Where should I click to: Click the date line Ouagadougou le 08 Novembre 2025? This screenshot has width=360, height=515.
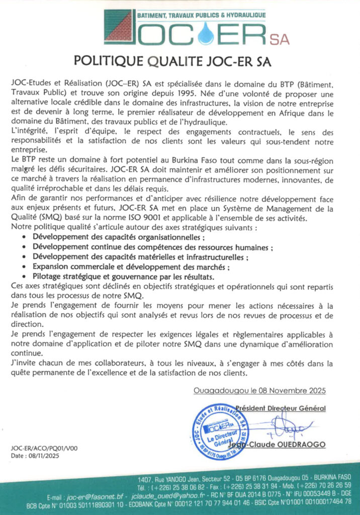tap(259, 390)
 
